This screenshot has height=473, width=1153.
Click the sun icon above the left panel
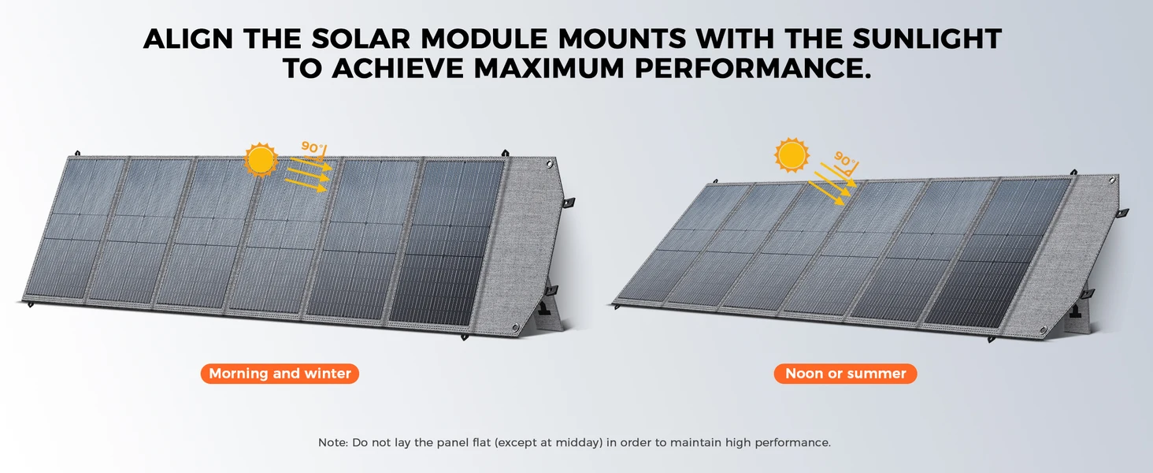(x=261, y=160)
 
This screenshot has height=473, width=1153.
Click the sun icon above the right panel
(x=792, y=155)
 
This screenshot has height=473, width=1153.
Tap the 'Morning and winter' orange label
(x=280, y=374)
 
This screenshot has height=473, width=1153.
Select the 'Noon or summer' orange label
(x=845, y=374)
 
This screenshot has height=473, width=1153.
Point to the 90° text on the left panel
(x=312, y=147)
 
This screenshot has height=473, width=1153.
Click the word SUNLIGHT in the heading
(x=927, y=39)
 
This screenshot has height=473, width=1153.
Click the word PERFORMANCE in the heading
(x=753, y=69)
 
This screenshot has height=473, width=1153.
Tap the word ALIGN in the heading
(x=188, y=39)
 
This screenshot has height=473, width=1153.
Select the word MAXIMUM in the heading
(x=549, y=69)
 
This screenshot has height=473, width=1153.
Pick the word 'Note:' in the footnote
(x=333, y=442)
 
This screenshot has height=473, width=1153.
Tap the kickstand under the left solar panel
(x=547, y=315)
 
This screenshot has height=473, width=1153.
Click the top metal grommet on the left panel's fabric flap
(x=549, y=164)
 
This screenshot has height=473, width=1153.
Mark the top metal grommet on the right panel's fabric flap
(x=1112, y=181)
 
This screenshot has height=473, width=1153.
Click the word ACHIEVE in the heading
(x=398, y=69)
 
